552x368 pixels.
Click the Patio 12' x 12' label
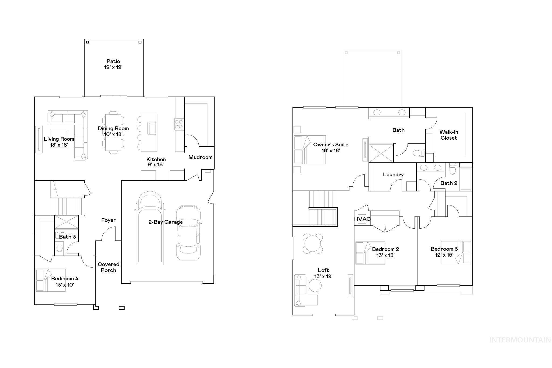coord(113,64)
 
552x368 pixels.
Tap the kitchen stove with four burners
coord(179,124)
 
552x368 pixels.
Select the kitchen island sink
coord(152,128)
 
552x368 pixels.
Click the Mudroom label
coord(200,157)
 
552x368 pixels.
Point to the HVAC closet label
coord(362,219)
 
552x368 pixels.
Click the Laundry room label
coord(393,175)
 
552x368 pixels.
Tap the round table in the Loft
coord(313,243)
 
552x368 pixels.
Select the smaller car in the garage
coord(188,232)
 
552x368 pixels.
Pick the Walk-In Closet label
coord(448,135)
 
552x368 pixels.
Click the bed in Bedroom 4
coord(50,280)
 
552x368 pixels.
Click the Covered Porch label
coord(108,267)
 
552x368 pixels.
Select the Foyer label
coord(108,220)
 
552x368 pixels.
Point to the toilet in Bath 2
coord(453,169)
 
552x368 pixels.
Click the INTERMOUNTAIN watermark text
coord(520,340)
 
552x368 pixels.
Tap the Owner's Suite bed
coord(309,150)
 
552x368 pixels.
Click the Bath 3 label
coord(67,237)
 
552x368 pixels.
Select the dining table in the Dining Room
coord(113,133)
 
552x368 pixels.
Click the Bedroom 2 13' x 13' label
coord(385,252)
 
